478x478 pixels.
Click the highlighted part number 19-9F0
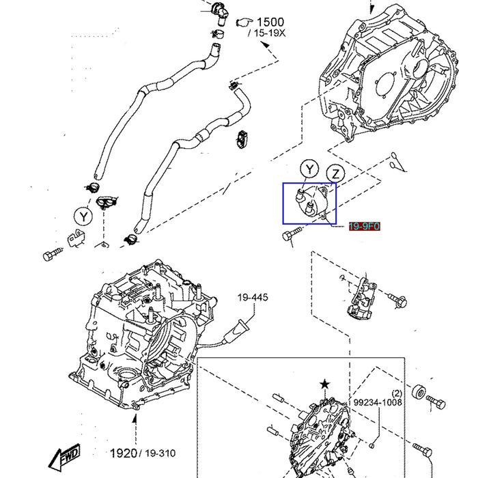tap(364, 226)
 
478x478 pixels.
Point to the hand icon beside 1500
tap(244, 23)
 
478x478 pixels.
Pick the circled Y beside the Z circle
tap(311, 169)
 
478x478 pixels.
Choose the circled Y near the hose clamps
tap(83, 216)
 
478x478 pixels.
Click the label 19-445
tap(253, 297)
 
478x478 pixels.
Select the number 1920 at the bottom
tap(124, 453)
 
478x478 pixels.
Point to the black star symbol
tap(324, 387)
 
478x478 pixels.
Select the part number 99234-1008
tap(378, 403)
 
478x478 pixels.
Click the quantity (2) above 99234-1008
tap(397, 393)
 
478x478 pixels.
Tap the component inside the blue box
tap(309, 203)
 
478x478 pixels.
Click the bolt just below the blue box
tap(290, 236)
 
